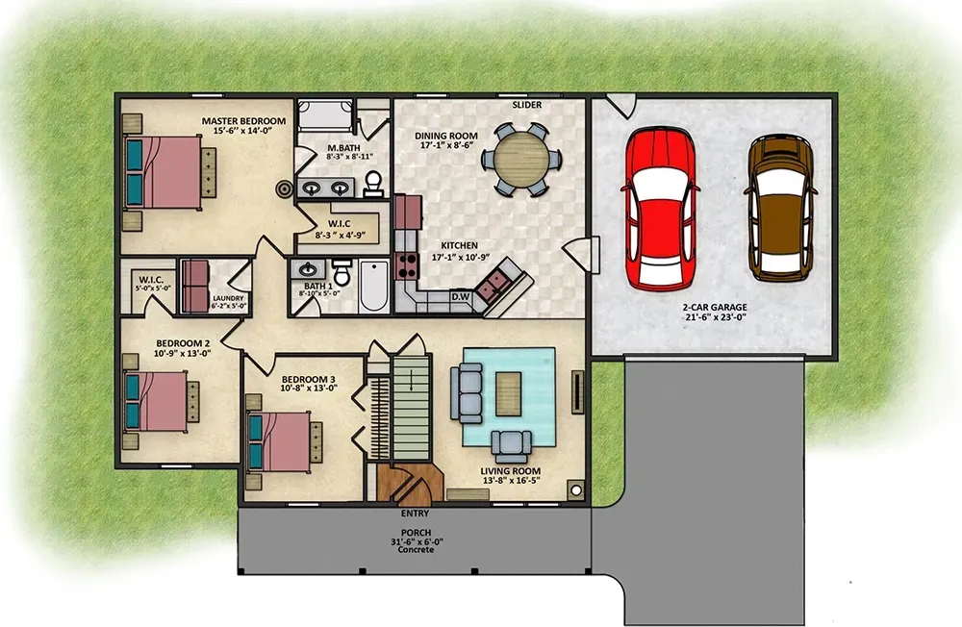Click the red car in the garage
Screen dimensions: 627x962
coord(661,209)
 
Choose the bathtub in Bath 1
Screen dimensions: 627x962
coord(372,286)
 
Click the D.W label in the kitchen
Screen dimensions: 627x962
coord(462,297)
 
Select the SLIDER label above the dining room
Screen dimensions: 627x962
coord(526,105)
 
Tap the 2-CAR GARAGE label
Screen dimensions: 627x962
coord(714,309)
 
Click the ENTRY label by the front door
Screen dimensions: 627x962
coord(415,514)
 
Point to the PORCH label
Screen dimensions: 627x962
coord(416,533)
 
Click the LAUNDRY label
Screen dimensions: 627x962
coord(228,298)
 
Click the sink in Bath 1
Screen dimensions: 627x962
coord(310,271)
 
